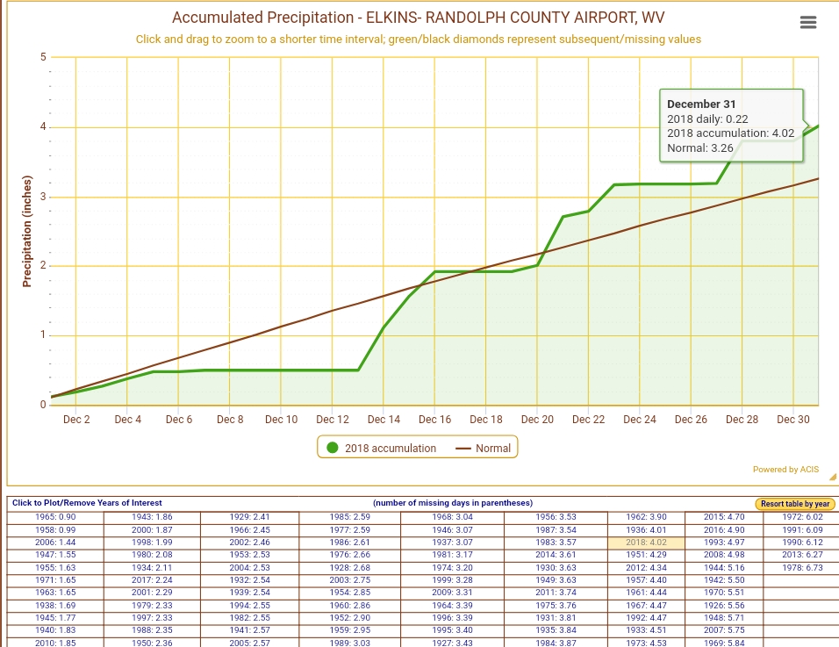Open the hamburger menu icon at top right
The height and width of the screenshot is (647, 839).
pyautogui.click(x=809, y=23)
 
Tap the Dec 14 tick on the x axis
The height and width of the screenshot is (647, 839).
pyautogui.click(x=384, y=420)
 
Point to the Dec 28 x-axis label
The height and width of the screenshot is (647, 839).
pyautogui.click(x=742, y=420)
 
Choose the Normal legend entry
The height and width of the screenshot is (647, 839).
pyautogui.click(x=484, y=448)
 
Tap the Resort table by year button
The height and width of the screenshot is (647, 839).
pyautogui.click(x=796, y=504)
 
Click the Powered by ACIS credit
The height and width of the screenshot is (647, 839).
pyautogui.click(x=785, y=470)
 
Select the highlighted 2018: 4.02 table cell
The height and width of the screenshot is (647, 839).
pyautogui.click(x=646, y=543)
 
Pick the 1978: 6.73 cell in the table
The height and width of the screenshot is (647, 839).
pyautogui.click(x=801, y=568)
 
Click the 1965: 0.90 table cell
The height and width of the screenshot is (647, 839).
pyautogui.click(x=54, y=517)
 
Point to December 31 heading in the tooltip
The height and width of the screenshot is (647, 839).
pyautogui.click(x=701, y=104)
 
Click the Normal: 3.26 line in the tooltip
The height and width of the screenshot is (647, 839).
pyautogui.click(x=700, y=148)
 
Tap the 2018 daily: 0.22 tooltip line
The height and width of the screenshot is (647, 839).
pyautogui.click(x=707, y=119)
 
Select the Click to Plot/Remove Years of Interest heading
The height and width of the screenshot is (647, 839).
pyautogui.click(x=86, y=503)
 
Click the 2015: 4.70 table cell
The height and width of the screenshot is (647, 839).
pyautogui.click(x=724, y=517)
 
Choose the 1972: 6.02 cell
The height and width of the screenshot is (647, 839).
pyautogui.click(x=801, y=517)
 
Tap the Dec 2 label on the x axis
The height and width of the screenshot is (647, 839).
pyautogui.click(x=76, y=420)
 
